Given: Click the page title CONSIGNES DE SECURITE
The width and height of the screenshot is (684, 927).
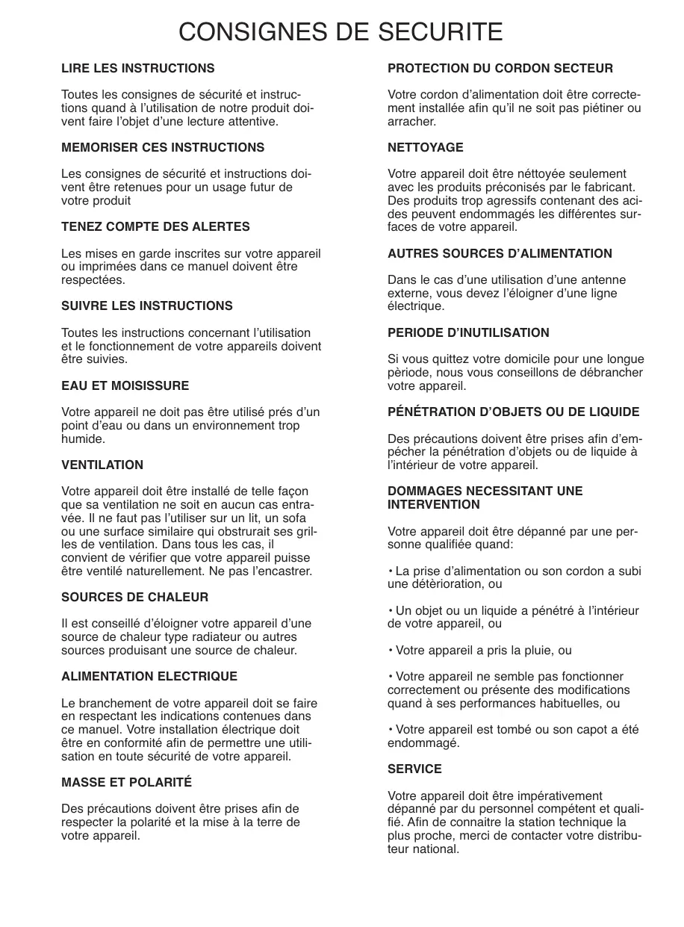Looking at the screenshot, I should tap(341, 32).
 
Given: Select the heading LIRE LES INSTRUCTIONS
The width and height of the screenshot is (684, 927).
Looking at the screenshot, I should tap(137, 68).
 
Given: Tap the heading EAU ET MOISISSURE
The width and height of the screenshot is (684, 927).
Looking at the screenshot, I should tap(125, 385).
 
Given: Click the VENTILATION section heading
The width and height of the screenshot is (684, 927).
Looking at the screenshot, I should tap(102, 465).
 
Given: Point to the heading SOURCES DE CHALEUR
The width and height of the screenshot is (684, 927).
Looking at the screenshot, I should tap(134, 597).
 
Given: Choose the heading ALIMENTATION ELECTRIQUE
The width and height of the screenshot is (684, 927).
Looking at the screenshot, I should tap(149, 676).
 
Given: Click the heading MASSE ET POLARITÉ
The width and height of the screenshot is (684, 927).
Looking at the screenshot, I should tap(126, 782).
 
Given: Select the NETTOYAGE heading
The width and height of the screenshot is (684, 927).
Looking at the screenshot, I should tap(425, 147).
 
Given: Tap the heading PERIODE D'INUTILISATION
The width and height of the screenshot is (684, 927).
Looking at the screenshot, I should tap(468, 332).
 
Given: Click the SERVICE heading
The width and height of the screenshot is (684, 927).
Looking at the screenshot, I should tap(414, 769).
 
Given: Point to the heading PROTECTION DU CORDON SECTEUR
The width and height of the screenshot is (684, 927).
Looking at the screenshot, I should tap(500, 68).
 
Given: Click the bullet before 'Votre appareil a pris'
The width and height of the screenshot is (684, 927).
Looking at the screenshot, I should tap(391, 651).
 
